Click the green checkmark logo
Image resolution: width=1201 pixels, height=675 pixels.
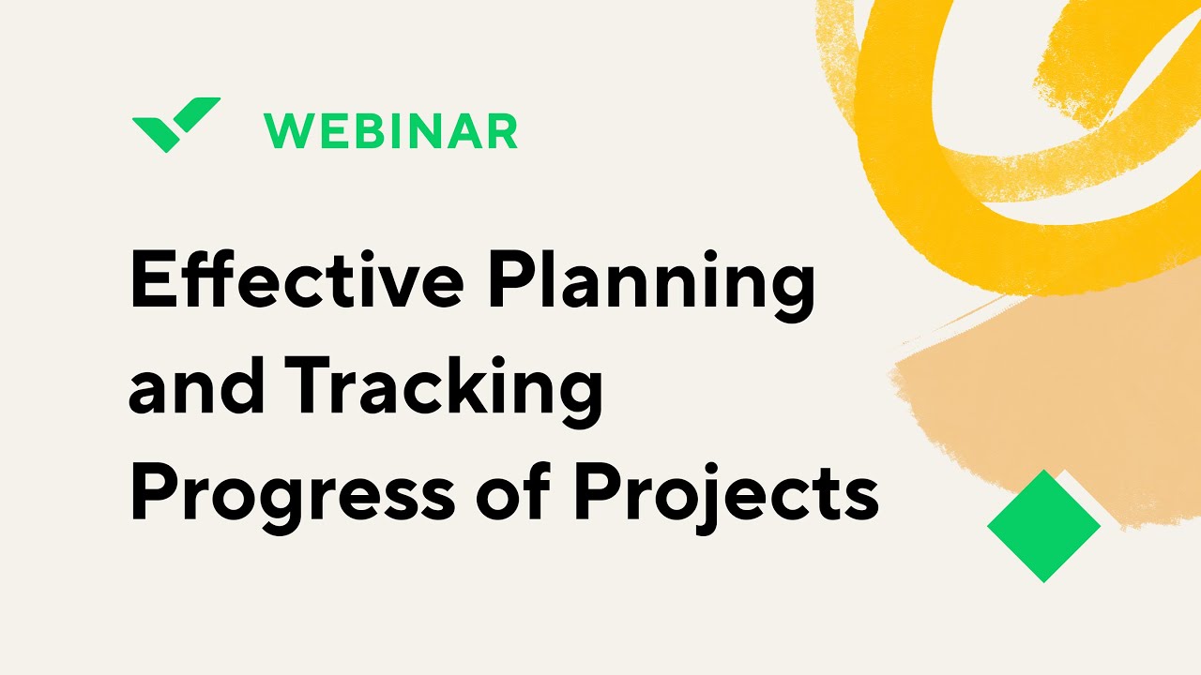coord(175,123)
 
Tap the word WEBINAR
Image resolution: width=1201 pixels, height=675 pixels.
coord(390,131)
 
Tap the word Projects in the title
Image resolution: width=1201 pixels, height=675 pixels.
coord(725,495)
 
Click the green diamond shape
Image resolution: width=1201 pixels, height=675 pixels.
coord(1043,526)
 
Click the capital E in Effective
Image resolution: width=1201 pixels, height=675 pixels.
coord(151,281)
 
